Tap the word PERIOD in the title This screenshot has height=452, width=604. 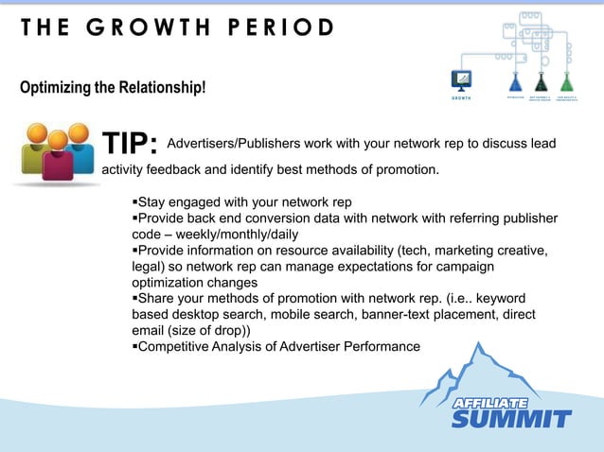(280, 27)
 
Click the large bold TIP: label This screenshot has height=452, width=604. (130, 144)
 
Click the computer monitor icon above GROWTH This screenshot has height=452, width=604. (463, 79)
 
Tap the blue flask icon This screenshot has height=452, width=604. (516, 80)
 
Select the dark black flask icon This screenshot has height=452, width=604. (542, 80)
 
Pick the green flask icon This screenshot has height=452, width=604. (566, 80)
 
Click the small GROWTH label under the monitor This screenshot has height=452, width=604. (462, 97)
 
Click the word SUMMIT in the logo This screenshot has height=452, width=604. (511, 418)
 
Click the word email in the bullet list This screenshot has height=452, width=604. (150, 331)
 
